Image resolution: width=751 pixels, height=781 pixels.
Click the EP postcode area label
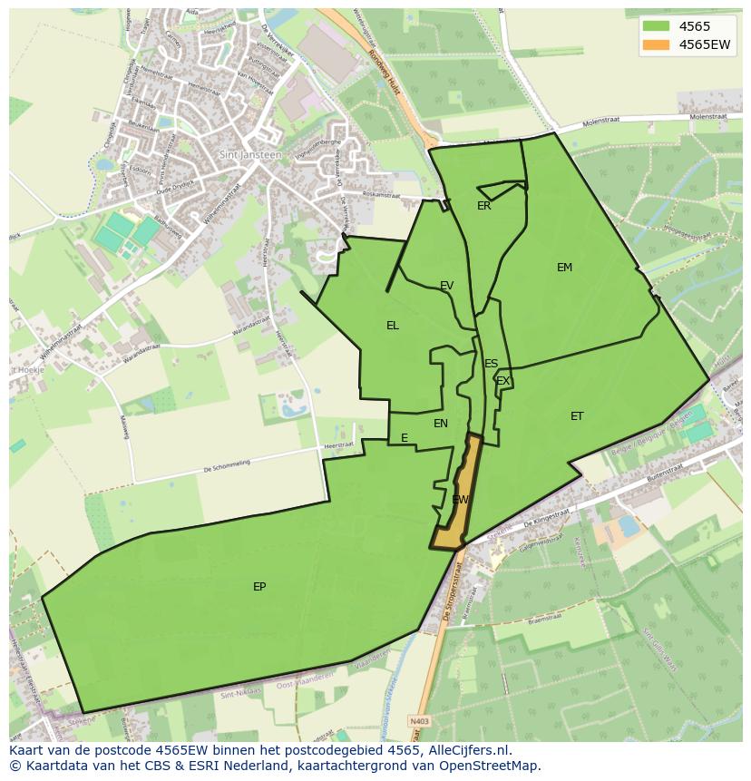(259, 587)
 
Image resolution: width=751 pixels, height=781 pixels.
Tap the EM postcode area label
(564, 268)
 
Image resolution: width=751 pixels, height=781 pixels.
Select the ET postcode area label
(577, 416)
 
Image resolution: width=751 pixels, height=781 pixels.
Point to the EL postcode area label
(392, 326)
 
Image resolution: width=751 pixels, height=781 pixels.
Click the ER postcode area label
(483, 206)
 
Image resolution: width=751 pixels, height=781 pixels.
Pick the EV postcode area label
(446, 286)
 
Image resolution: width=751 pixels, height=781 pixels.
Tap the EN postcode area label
(441, 424)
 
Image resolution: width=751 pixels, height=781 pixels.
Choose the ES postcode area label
(491, 364)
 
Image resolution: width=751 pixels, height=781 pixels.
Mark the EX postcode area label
(502, 381)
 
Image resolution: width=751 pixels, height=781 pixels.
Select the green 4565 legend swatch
(657, 26)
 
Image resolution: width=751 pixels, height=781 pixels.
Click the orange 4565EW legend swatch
(657, 44)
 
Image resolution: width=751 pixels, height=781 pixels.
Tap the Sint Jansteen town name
(250, 154)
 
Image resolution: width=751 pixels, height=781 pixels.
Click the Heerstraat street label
(337, 445)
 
